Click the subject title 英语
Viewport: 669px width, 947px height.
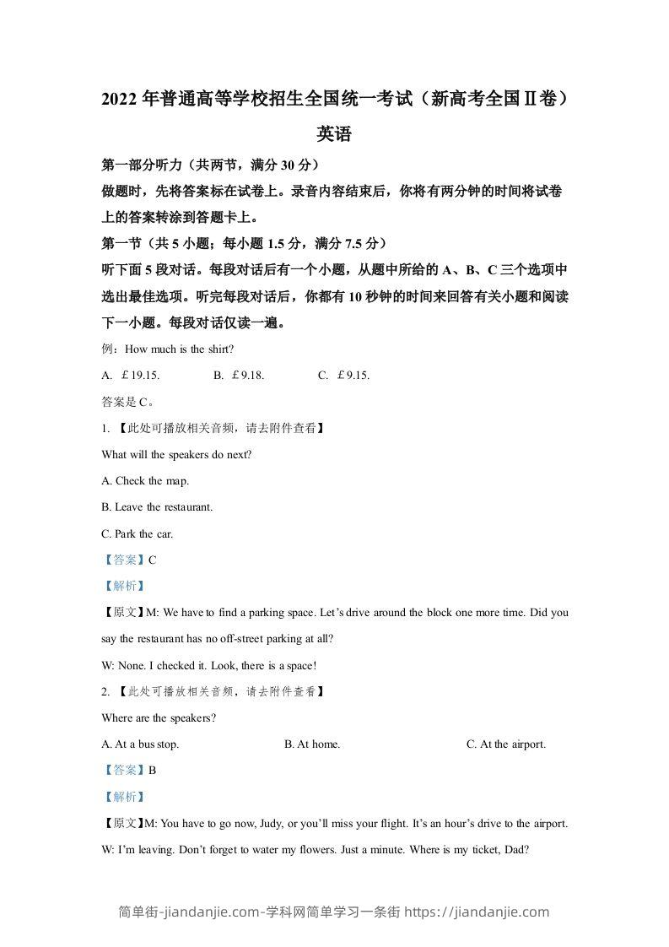[333, 133]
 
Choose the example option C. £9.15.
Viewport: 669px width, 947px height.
[344, 376]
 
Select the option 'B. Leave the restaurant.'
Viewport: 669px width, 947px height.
[156, 507]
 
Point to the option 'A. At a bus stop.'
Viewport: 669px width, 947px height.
[140, 744]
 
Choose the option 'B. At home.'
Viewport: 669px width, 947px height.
[312, 744]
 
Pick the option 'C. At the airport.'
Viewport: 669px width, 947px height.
[506, 744]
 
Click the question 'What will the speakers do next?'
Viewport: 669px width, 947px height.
[176, 454]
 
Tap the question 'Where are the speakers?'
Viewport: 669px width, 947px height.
[159, 718]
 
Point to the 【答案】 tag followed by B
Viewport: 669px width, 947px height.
[123, 771]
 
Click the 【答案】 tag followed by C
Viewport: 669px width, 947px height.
[123, 560]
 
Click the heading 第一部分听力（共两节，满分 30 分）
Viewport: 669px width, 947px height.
[209, 165]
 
